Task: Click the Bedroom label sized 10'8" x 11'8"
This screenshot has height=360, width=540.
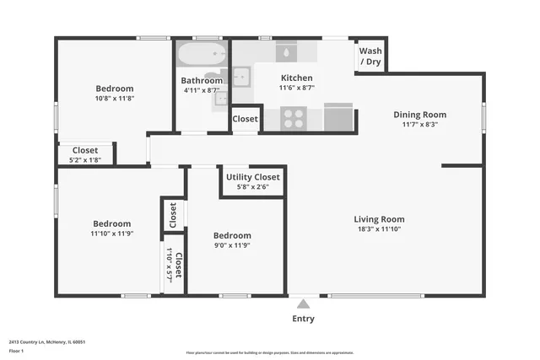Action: pyautogui.click(x=114, y=89)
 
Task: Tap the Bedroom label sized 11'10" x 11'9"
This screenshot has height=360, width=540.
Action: pyautogui.click(x=111, y=223)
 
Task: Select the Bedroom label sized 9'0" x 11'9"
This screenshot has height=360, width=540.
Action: pyautogui.click(x=231, y=235)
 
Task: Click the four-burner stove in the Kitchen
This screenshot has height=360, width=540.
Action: pyautogui.click(x=294, y=118)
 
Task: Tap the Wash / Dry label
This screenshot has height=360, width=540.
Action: pyautogui.click(x=370, y=56)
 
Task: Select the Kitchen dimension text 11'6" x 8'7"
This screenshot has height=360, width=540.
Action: pyautogui.click(x=296, y=89)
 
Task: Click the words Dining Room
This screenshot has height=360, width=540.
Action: pyautogui.click(x=419, y=115)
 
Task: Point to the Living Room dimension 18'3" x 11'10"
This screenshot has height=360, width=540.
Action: pyautogui.click(x=379, y=229)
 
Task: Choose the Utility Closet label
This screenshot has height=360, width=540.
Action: pyautogui.click(x=252, y=177)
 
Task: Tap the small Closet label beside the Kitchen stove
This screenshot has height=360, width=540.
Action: pyautogui.click(x=245, y=120)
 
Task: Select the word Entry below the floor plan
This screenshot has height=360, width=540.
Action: pyautogui.click(x=303, y=319)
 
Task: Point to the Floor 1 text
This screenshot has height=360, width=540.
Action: pyautogui.click(x=17, y=350)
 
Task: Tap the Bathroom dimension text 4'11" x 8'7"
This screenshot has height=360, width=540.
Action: pyautogui.click(x=202, y=90)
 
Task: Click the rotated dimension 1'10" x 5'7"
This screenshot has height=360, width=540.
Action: pyautogui.click(x=169, y=266)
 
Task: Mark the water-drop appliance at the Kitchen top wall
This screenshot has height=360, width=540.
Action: pyautogui.click(x=287, y=52)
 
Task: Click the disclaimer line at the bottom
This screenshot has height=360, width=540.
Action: pyautogui.click(x=269, y=352)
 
